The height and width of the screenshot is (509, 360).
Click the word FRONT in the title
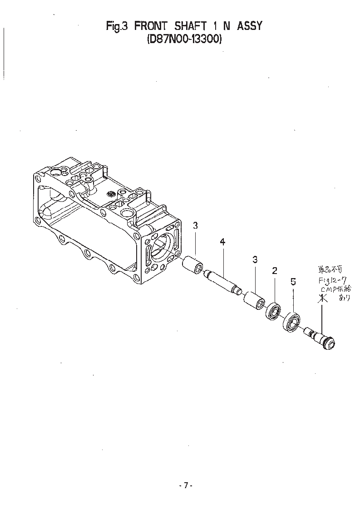pyautogui.click(x=150, y=26)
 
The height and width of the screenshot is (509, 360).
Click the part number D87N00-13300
pyautogui.click(x=184, y=39)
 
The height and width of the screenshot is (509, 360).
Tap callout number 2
pyautogui.click(x=275, y=271)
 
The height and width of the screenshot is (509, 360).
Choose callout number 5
pyautogui.click(x=293, y=282)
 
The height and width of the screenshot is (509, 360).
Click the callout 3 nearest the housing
pyautogui.click(x=195, y=225)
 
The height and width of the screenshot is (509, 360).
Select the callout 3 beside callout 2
pyautogui.click(x=255, y=259)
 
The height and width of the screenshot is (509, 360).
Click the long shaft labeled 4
pyautogui.click(x=222, y=281)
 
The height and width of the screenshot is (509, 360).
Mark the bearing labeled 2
pyautogui.click(x=274, y=311)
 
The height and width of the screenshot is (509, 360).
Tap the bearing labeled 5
pyautogui.click(x=291, y=323)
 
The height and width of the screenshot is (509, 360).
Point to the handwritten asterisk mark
pyautogui.click(x=322, y=298)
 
